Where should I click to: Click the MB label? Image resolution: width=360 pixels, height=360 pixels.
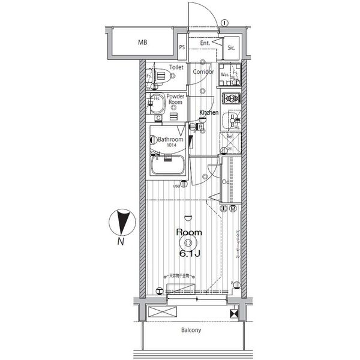coord(142,43)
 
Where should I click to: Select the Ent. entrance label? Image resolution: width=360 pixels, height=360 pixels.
coord(205,43)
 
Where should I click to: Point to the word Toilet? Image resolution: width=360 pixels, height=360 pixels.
coord(176,67)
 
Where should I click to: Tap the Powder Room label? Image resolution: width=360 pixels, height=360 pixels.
coord(175,99)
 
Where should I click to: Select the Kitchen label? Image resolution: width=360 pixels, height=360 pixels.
coord(209,112)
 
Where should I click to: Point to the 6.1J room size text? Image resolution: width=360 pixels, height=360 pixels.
coord(188,253)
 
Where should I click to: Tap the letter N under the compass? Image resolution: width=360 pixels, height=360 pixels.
coord(121,242)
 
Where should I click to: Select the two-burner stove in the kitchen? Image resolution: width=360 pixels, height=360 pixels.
coord(231,98)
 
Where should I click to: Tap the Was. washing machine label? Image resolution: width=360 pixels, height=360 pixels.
coord(224,74)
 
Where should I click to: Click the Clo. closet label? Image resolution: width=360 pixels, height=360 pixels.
coord(226,181)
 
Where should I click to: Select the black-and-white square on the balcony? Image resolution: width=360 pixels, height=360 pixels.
coord(233,313)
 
